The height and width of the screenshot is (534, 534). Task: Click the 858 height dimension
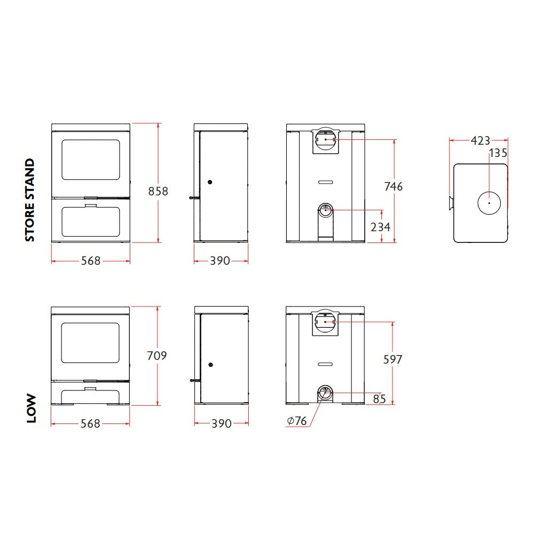point(158,191)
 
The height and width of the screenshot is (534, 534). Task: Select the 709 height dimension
point(156,356)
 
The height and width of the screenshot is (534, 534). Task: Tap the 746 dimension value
point(394,186)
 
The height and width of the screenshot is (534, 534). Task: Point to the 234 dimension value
point(380,227)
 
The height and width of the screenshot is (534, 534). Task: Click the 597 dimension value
point(392,359)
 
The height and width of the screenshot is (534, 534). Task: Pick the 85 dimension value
point(379,399)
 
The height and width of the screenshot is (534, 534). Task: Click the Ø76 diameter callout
point(297,421)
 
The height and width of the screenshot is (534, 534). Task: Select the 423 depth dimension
point(480,140)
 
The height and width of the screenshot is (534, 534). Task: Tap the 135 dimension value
point(498,153)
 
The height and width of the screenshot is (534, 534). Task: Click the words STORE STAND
point(30,200)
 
